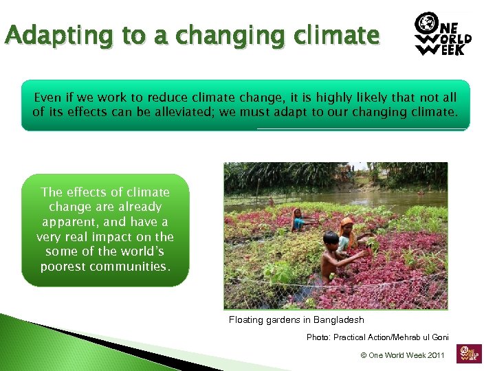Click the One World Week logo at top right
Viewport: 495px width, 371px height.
(443, 34)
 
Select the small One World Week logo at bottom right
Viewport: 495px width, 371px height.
(471, 353)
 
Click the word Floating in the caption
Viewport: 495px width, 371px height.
(246, 320)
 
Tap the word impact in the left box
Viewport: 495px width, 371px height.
(107, 236)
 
